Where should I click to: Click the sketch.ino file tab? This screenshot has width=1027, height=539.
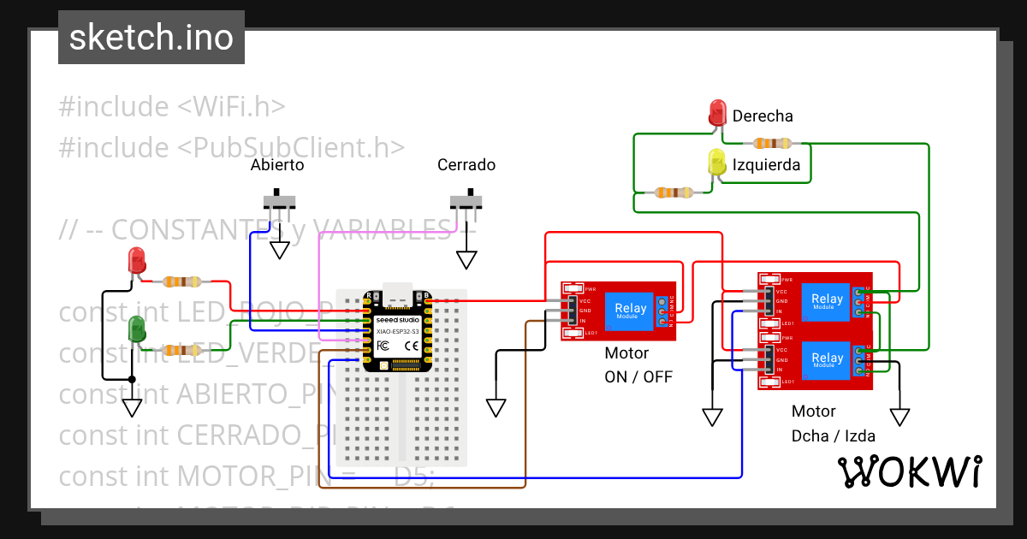point(151,38)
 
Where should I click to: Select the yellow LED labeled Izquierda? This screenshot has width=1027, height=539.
point(717,163)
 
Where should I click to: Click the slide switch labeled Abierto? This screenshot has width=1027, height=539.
point(279,201)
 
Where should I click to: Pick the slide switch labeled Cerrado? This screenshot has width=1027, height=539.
point(466,201)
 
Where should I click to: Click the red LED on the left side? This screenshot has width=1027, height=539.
point(136,259)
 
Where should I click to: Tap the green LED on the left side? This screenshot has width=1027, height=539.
point(136,329)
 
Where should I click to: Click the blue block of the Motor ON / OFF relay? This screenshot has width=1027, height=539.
point(631,311)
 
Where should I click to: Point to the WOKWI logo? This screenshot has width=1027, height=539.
point(909,471)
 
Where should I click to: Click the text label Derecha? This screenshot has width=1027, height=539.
point(763,115)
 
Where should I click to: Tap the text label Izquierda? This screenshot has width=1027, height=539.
point(766,165)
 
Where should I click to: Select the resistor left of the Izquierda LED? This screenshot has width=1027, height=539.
point(674,192)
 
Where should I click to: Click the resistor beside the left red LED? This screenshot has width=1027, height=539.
point(182,281)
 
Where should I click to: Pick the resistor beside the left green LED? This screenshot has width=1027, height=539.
point(182,349)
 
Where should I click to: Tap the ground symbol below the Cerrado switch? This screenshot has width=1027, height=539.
point(466,259)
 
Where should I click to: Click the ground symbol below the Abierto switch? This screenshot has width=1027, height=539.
point(280,249)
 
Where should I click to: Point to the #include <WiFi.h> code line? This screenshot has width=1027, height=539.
point(171,107)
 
